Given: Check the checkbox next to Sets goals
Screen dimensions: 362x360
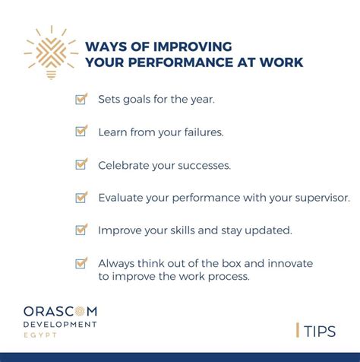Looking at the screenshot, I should [x=81, y=99].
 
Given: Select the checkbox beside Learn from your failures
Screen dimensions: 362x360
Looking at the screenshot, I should [x=81, y=132].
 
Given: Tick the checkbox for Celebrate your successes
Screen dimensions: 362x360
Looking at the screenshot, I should [x=81, y=164].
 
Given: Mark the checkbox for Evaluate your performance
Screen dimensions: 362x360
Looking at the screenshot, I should [x=81, y=197].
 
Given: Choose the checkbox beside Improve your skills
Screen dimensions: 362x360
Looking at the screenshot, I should [x=81, y=230].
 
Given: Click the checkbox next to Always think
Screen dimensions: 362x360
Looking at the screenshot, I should [x=81, y=263].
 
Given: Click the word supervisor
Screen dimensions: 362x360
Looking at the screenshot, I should [x=319, y=197].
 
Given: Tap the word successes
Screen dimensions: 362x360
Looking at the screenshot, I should [x=204, y=164].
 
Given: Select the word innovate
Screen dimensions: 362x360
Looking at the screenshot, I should [x=290, y=263].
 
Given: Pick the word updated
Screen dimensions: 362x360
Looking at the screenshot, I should [x=265, y=230].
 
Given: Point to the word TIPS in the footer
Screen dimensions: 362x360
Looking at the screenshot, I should [x=320, y=331].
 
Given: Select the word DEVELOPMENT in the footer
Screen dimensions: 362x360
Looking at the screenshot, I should [x=59, y=325].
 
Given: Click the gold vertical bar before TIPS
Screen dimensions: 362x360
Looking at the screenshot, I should [x=297, y=330].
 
